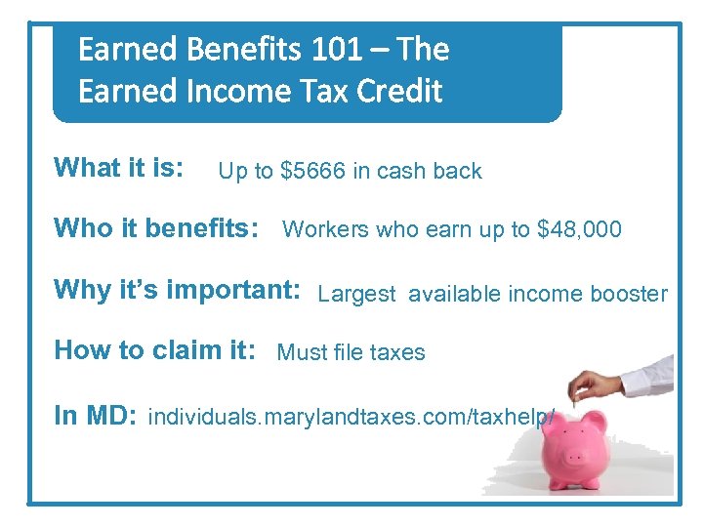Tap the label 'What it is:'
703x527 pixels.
tap(118, 168)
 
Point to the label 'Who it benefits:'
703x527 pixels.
tap(156, 229)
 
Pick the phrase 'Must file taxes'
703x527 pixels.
tap(351, 353)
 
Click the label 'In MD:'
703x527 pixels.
tap(94, 416)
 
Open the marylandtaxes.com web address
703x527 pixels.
tap(351, 418)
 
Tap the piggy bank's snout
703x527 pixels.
tap(575, 460)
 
